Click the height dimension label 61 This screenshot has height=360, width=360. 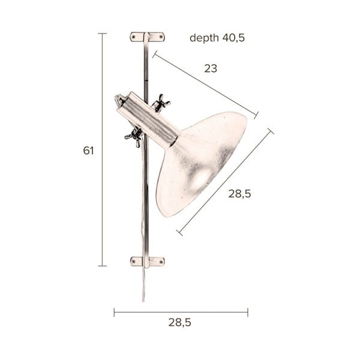point(88,151)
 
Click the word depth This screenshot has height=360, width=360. point(204,38)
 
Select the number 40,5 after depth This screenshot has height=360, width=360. point(233,38)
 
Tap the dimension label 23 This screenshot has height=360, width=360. point(211,68)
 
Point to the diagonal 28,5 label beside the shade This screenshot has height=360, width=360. point(239,194)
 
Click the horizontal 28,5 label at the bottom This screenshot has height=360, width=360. point(180,322)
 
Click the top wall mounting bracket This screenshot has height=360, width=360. point(147,37)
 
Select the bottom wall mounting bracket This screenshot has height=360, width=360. point(147,262)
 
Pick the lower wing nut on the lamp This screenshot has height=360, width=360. point(134,136)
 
